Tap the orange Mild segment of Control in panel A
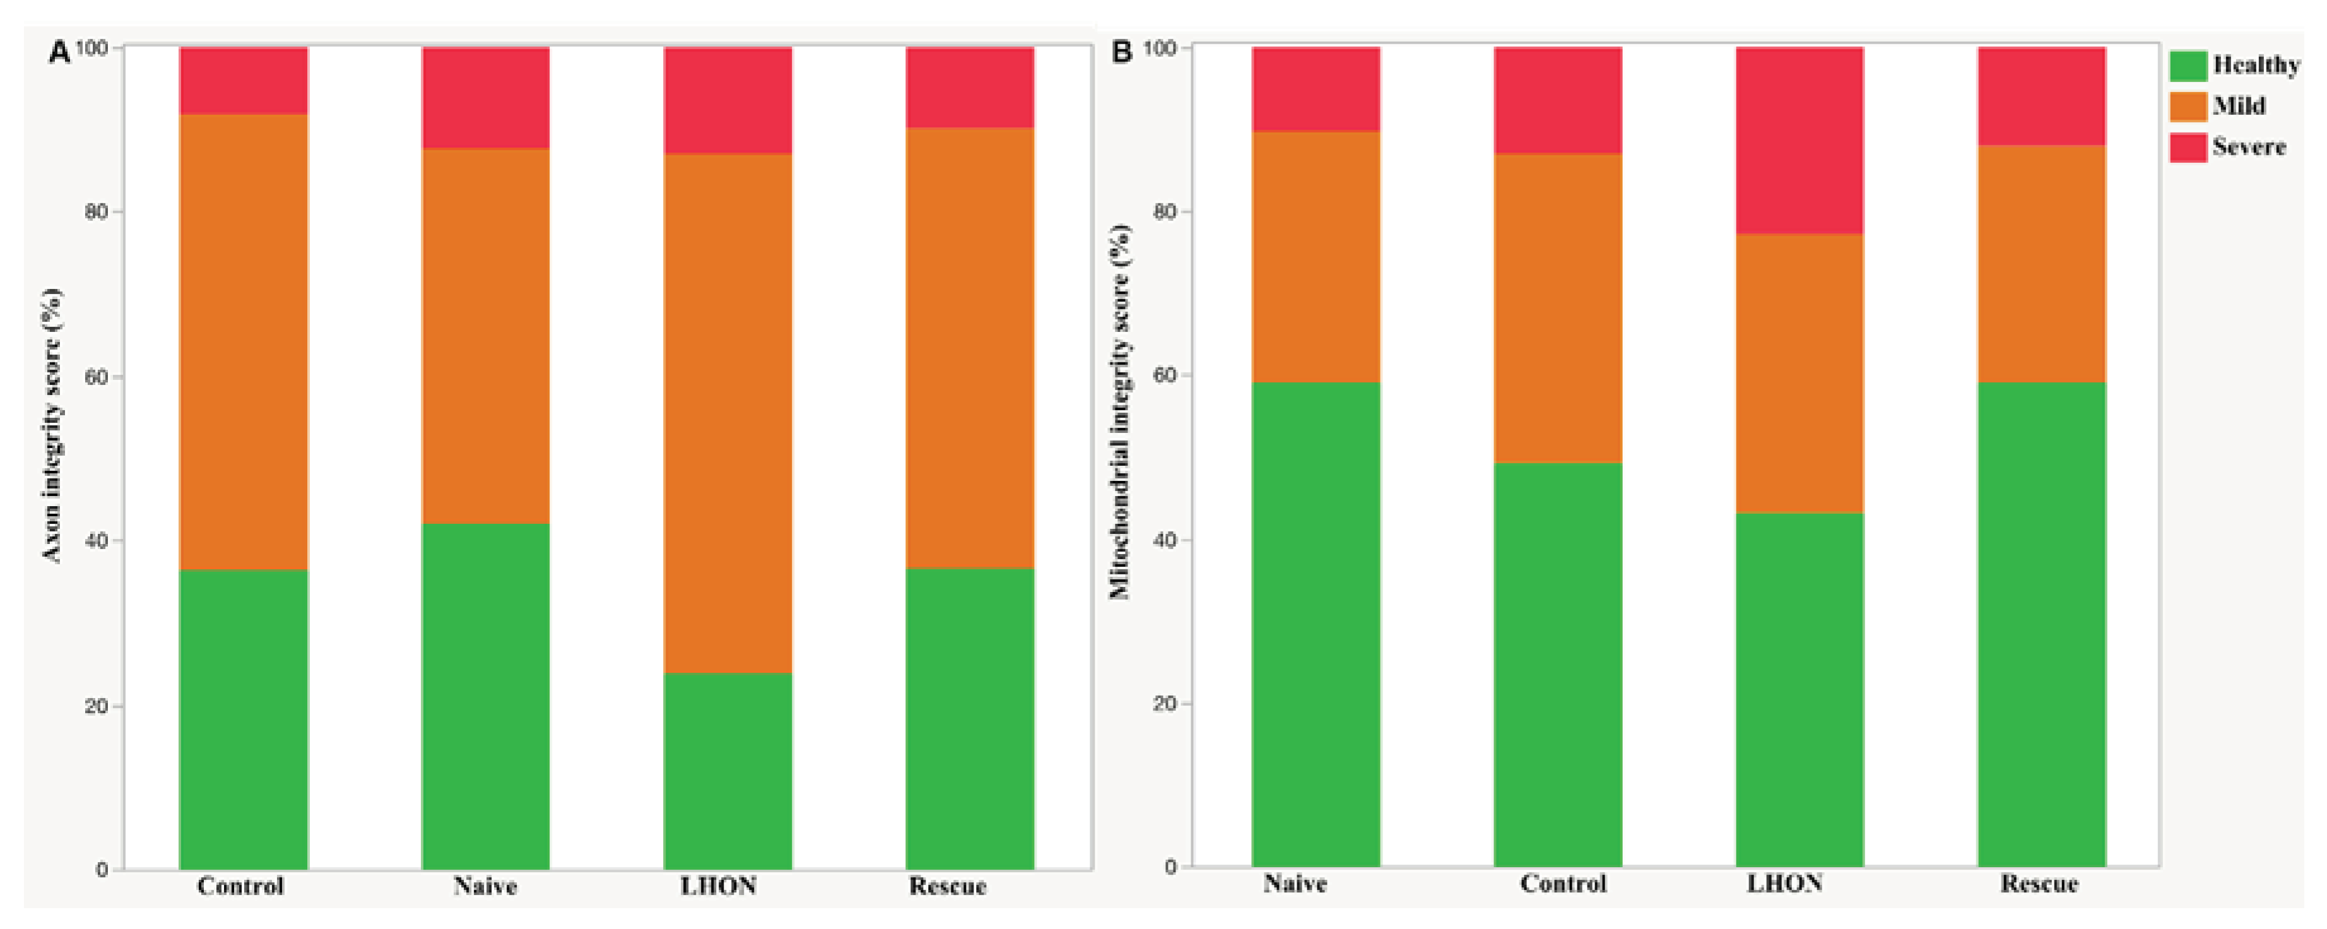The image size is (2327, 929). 243,341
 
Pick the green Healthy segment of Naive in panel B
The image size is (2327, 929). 1316,624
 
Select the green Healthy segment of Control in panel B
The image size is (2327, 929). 1557,664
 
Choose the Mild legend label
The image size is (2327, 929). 2239,106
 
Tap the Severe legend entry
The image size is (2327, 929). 2248,146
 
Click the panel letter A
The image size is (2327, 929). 59,52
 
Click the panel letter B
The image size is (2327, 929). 1121,52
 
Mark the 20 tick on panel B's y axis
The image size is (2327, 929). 1165,703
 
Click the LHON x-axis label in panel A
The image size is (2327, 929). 718,885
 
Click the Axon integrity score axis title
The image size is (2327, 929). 52,425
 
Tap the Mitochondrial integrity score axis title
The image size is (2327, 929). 1120,411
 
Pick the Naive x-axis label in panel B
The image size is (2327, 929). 1295,883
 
